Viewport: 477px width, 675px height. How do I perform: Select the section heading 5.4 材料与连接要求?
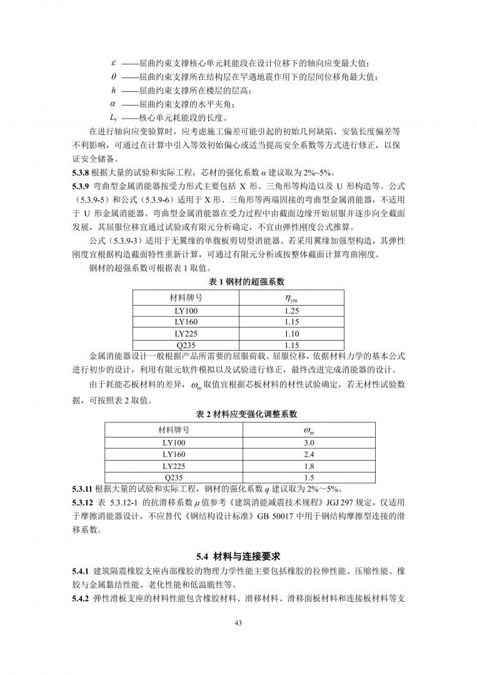point(238,556)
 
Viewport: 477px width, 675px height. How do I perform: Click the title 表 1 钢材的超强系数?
point(238,282)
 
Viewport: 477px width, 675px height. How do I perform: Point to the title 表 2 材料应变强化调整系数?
point(238,414)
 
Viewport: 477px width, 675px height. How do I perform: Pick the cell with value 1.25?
point(291,311)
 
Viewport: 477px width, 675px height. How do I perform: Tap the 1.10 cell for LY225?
point(291,333)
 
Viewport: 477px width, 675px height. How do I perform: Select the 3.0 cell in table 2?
point(309,442)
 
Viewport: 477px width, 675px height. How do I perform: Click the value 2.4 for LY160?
point(309,454)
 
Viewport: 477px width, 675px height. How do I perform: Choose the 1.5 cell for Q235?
point(309,478)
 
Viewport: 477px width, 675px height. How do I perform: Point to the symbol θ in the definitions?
point(113,77)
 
